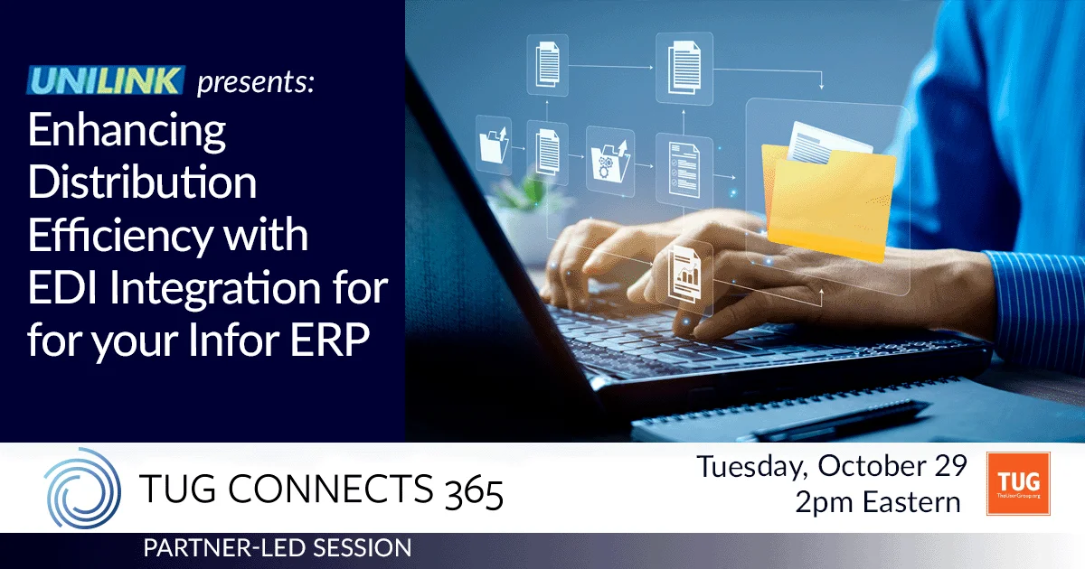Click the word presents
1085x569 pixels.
pyautogui.click(x=256, y=84)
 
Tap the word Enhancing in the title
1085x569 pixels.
pyautogui.click(x=127, y=132)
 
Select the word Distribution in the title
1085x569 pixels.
pyautogui.click(x=142, y=184)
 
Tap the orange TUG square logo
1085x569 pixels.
pyautogui.click(x=1018, y=483)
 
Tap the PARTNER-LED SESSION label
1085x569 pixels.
pyautogui.click(x=277, y=547)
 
